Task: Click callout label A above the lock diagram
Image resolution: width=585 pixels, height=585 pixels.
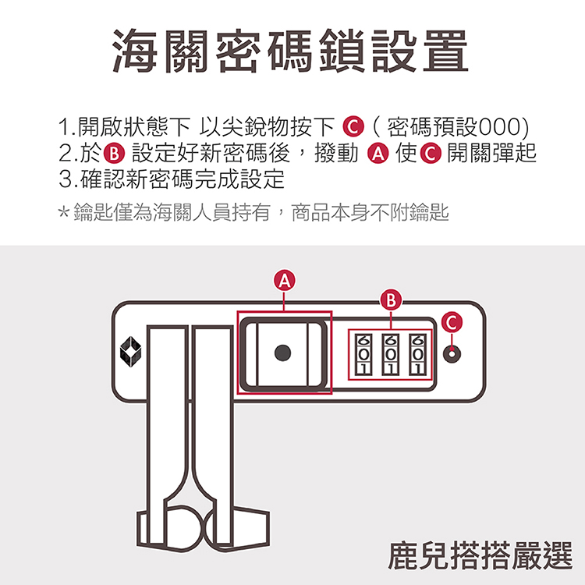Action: coord(285,279)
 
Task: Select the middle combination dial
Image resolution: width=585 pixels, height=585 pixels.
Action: coord(391,355)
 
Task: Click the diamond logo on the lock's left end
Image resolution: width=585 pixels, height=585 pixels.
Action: coord(129,352)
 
